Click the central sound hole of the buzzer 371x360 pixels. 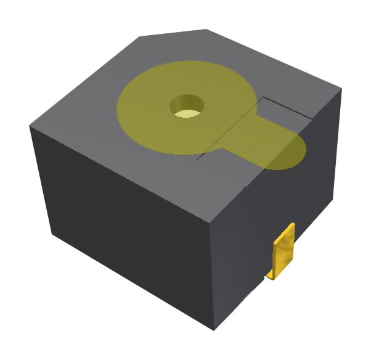186,106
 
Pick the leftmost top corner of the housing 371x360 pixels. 30,126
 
